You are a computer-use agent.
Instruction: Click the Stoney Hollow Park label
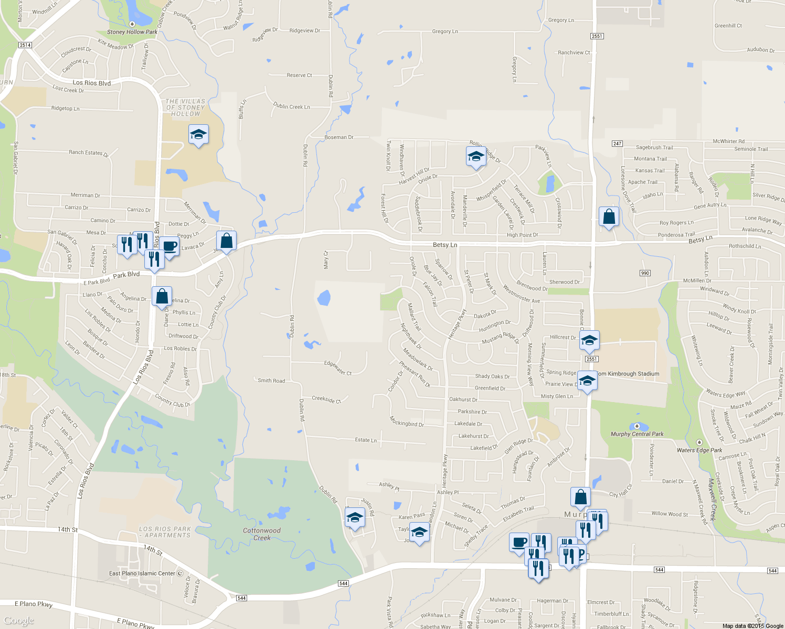click(x=132, y=32)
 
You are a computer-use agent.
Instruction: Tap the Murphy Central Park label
click(x=637, y=434)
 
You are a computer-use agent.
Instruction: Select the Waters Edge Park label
click(x=699, y=450)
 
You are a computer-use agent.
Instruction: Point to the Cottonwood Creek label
click(x=262, y=534)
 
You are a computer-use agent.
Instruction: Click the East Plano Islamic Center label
click(x=142, y=573)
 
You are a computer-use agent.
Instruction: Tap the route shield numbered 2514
click(x=25, y=45)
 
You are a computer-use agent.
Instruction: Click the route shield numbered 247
click(x=617, y=144)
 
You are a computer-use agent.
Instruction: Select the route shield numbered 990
click(x=645, y=273)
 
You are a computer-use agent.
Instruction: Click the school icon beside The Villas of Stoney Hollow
click(x=198, y=135)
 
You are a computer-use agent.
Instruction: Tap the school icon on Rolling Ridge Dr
click(x=476, y=157)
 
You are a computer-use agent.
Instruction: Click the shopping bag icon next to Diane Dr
click(x=162, y=296)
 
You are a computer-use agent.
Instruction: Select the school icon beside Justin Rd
click(x=355, y=518)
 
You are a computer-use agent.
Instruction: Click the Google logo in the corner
click(x=19, y=621)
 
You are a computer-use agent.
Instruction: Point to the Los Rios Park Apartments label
click(x=165, y=532)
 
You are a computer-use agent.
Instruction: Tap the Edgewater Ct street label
click(x=338, y=367)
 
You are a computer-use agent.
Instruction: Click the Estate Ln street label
click(x=366, y=440)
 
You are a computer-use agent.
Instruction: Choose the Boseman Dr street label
click(x=339, y=137)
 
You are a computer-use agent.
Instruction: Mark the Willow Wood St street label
click(x=670, y=514)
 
